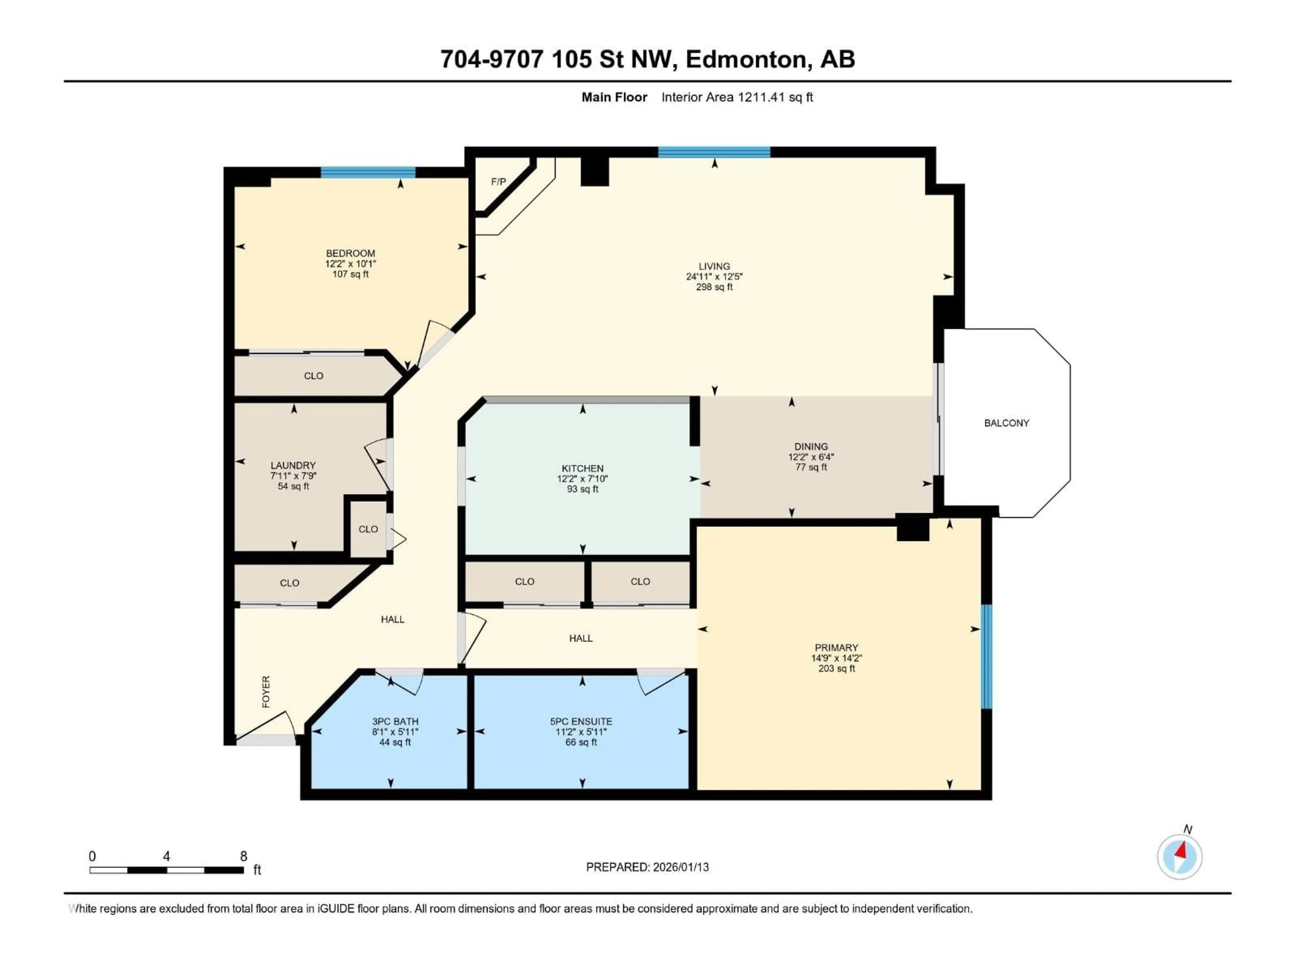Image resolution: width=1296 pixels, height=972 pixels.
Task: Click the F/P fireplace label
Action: [498, 182]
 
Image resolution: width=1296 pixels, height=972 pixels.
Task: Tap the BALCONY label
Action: [1006, 423]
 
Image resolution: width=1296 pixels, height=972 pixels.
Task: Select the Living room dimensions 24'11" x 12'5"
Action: [714, 276]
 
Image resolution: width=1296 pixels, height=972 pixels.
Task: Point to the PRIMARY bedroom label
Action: [836, 647]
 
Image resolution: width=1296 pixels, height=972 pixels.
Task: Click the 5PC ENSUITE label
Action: [581, 721]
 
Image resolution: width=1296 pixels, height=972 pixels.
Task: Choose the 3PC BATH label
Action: [395, 721]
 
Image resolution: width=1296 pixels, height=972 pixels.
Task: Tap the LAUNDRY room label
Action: [293, 465]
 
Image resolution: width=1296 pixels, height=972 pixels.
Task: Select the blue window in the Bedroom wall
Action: [368, 172]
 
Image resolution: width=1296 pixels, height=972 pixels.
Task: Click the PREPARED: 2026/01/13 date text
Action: [647, 867]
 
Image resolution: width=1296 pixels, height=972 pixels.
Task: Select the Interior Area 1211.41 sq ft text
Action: [737, 97]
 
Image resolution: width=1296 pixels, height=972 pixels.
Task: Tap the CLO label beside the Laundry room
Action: [368, 529]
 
